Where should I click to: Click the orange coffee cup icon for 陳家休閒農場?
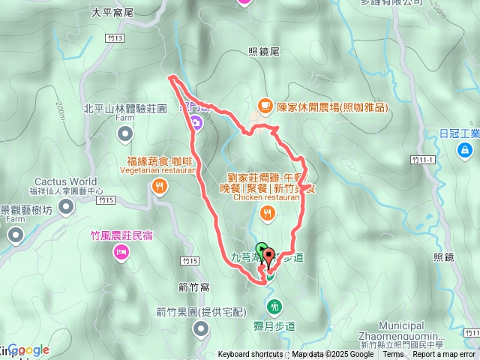pos(264,106)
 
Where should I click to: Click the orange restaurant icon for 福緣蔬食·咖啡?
pos(159,188)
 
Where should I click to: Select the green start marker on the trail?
pos(261,250)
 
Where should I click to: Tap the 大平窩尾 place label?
pos(111,13)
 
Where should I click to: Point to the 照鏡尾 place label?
pos(263,52)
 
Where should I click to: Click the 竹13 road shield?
pos(114,37)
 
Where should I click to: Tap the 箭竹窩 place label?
pos(194,286)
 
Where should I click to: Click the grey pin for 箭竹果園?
pos(200,328)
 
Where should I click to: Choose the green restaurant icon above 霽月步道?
pos(274,306)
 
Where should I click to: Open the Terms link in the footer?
pos(392,355)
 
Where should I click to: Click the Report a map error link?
pos(444,355)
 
